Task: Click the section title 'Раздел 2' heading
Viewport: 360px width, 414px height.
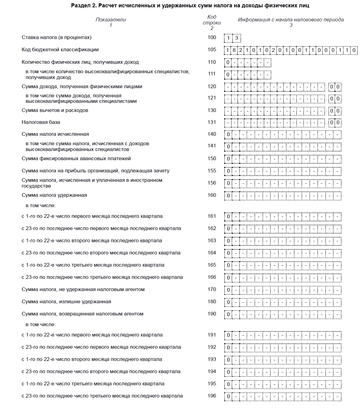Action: tap(190, 5)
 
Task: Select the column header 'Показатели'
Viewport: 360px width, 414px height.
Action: tap(111, 20)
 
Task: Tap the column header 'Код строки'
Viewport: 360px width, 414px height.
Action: tap(212, 20)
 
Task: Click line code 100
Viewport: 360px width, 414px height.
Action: tap(212, 38)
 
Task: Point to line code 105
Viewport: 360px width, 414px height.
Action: tap(212, 50)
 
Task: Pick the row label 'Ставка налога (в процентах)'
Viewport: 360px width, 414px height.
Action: tap(56, 38)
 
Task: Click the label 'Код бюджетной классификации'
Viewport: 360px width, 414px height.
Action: tap(60, 50)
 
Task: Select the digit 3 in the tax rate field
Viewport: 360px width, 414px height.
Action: tap(236, 38)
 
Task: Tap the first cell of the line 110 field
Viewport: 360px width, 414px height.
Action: tap(228, 63)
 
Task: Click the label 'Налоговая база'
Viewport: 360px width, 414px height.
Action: tap(41, 122)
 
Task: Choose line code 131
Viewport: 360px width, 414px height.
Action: tap(212, 122)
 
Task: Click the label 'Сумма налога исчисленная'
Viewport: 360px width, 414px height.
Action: tap(55, 134)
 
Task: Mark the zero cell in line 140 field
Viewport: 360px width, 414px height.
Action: tap(228, 135)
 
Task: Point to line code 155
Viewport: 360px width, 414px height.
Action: tap(212, 171)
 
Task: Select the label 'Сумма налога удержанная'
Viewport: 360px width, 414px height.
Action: tap(54, 195)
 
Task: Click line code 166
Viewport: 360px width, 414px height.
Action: tap(212, 277)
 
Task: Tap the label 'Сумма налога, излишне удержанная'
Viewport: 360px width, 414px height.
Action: tap(66, 302)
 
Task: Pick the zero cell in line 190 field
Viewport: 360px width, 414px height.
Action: tap(228, 314)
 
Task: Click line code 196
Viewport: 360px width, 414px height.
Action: tap(212, 396)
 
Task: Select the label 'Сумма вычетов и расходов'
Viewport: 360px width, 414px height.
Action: tap(55, 110)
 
